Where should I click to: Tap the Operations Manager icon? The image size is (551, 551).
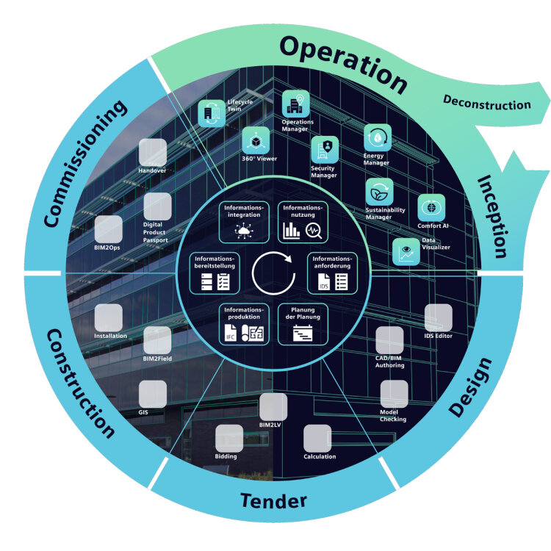click(x=296, y=104)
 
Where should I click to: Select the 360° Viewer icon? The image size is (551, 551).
click(x=255, y=140)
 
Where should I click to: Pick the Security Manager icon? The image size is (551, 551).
click(x=323, y=150)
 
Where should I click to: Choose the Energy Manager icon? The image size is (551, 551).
click(x=378, y=137)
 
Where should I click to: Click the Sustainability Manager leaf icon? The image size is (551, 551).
click(x=379, y=192)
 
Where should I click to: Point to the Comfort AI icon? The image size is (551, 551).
click(x=431, y=208)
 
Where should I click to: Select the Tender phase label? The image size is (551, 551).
click(x=273, y=501)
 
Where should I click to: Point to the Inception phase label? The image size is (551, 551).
click(x=493, y=217)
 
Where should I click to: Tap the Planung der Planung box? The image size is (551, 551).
click(x=303, y=324)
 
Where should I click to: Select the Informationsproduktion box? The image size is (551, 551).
click(x=242, y=324)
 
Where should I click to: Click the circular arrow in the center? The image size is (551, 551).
click(x=273, y=273)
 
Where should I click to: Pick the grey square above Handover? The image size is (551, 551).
click(x=153, y=152)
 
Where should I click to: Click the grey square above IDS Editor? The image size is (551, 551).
click(x=439, y=317)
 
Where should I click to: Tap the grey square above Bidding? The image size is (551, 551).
click(x=229, y=439)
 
